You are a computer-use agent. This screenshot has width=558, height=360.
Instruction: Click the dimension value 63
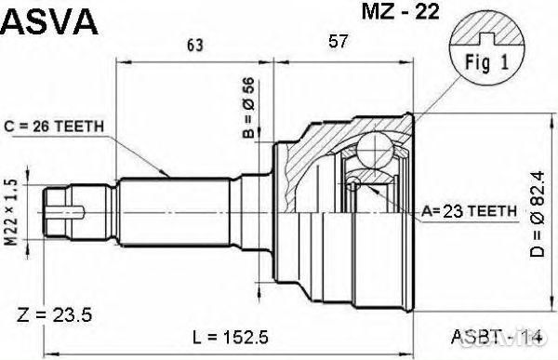point(194,44)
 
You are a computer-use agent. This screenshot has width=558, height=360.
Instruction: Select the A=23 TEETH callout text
point(469,212)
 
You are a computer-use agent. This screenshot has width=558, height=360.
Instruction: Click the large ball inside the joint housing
point(377,150)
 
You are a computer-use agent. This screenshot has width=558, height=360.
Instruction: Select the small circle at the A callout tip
point(353,185)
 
